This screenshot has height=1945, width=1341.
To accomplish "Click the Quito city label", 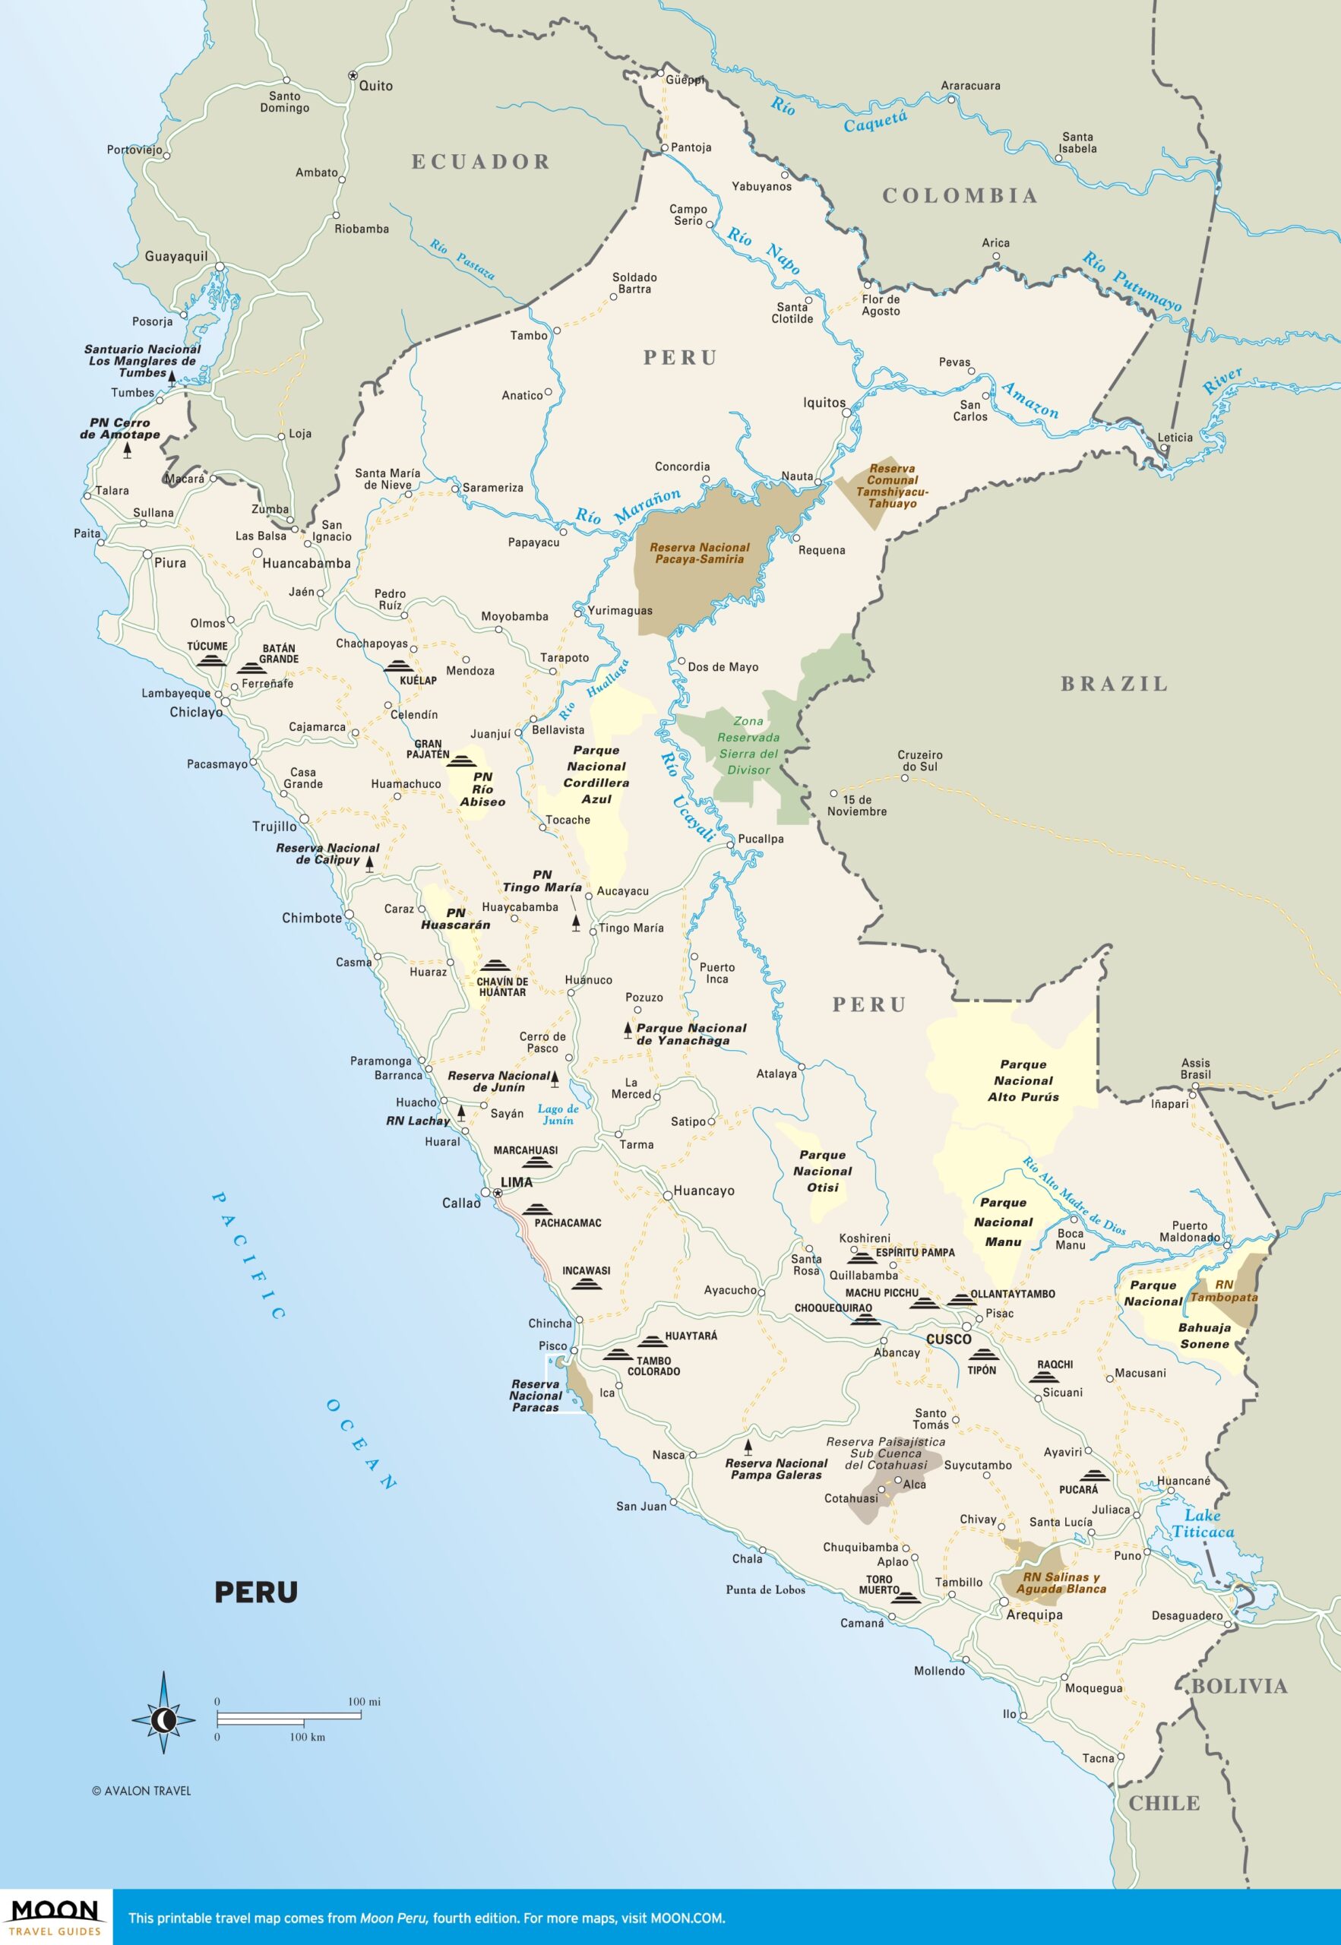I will pyautogui.click(x=375, y=86).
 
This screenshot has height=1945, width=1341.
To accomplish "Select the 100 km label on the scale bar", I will pyautogui.click(x=307, y=1738).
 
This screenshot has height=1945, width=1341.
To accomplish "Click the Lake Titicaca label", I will pyautogui.click(x=1203, y=1523).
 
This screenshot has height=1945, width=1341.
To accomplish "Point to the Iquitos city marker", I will pyautogui.click(x=847, y=413).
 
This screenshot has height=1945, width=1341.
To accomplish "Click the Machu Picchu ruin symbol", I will pyautogui.click(x=922, y=1304).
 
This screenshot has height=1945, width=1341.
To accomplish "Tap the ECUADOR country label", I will pyautogui.click(x=481, y=162).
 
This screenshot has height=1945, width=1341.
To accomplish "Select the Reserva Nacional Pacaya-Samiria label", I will pyautogui.click(x=699, y=553).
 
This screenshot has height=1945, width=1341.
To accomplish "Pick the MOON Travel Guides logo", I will pyautogui.click(x=55, y=1915).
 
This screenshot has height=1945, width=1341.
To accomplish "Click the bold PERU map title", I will pyautogui.click(x=255, y=1592).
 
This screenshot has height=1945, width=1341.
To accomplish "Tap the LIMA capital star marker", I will pyautogui.click(x=498, y=1193).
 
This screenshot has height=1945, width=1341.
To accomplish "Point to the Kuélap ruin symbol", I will pyautogui.click(x=397, y=666).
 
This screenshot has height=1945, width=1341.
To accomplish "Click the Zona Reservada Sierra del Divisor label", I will pyautogui.click(x=748, y=745).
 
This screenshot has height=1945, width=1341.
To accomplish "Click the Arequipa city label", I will pyautogui.click(x=1034, y=1615).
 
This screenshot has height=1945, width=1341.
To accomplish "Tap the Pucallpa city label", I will pyautogui.click(x=761, y=839).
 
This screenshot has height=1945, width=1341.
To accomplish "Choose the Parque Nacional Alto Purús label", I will pyautogui.click(x=1023, y=1080).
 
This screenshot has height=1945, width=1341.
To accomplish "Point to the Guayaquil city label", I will pyautogui.click(x=176, y=256).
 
